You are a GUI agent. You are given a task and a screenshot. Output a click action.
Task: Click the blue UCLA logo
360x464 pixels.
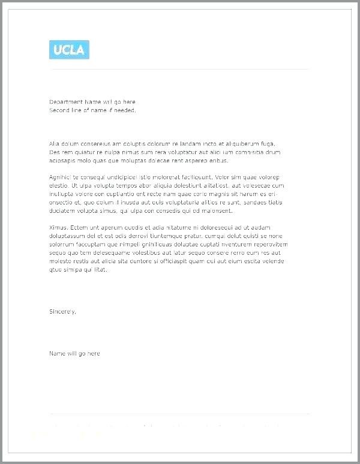(69, 50)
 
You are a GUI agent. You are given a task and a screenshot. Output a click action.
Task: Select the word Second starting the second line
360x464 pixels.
(59, 110)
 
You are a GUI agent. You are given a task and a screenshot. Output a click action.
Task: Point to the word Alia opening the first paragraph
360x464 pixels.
(55, 144)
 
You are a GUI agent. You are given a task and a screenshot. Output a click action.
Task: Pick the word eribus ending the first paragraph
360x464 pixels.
(218, 161)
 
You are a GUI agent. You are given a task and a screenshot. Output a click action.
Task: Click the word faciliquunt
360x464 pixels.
(192, 177)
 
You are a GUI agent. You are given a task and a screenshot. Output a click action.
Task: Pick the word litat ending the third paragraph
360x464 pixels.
(100, 270)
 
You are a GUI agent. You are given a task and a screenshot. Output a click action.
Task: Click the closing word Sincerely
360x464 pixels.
(62, 312)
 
